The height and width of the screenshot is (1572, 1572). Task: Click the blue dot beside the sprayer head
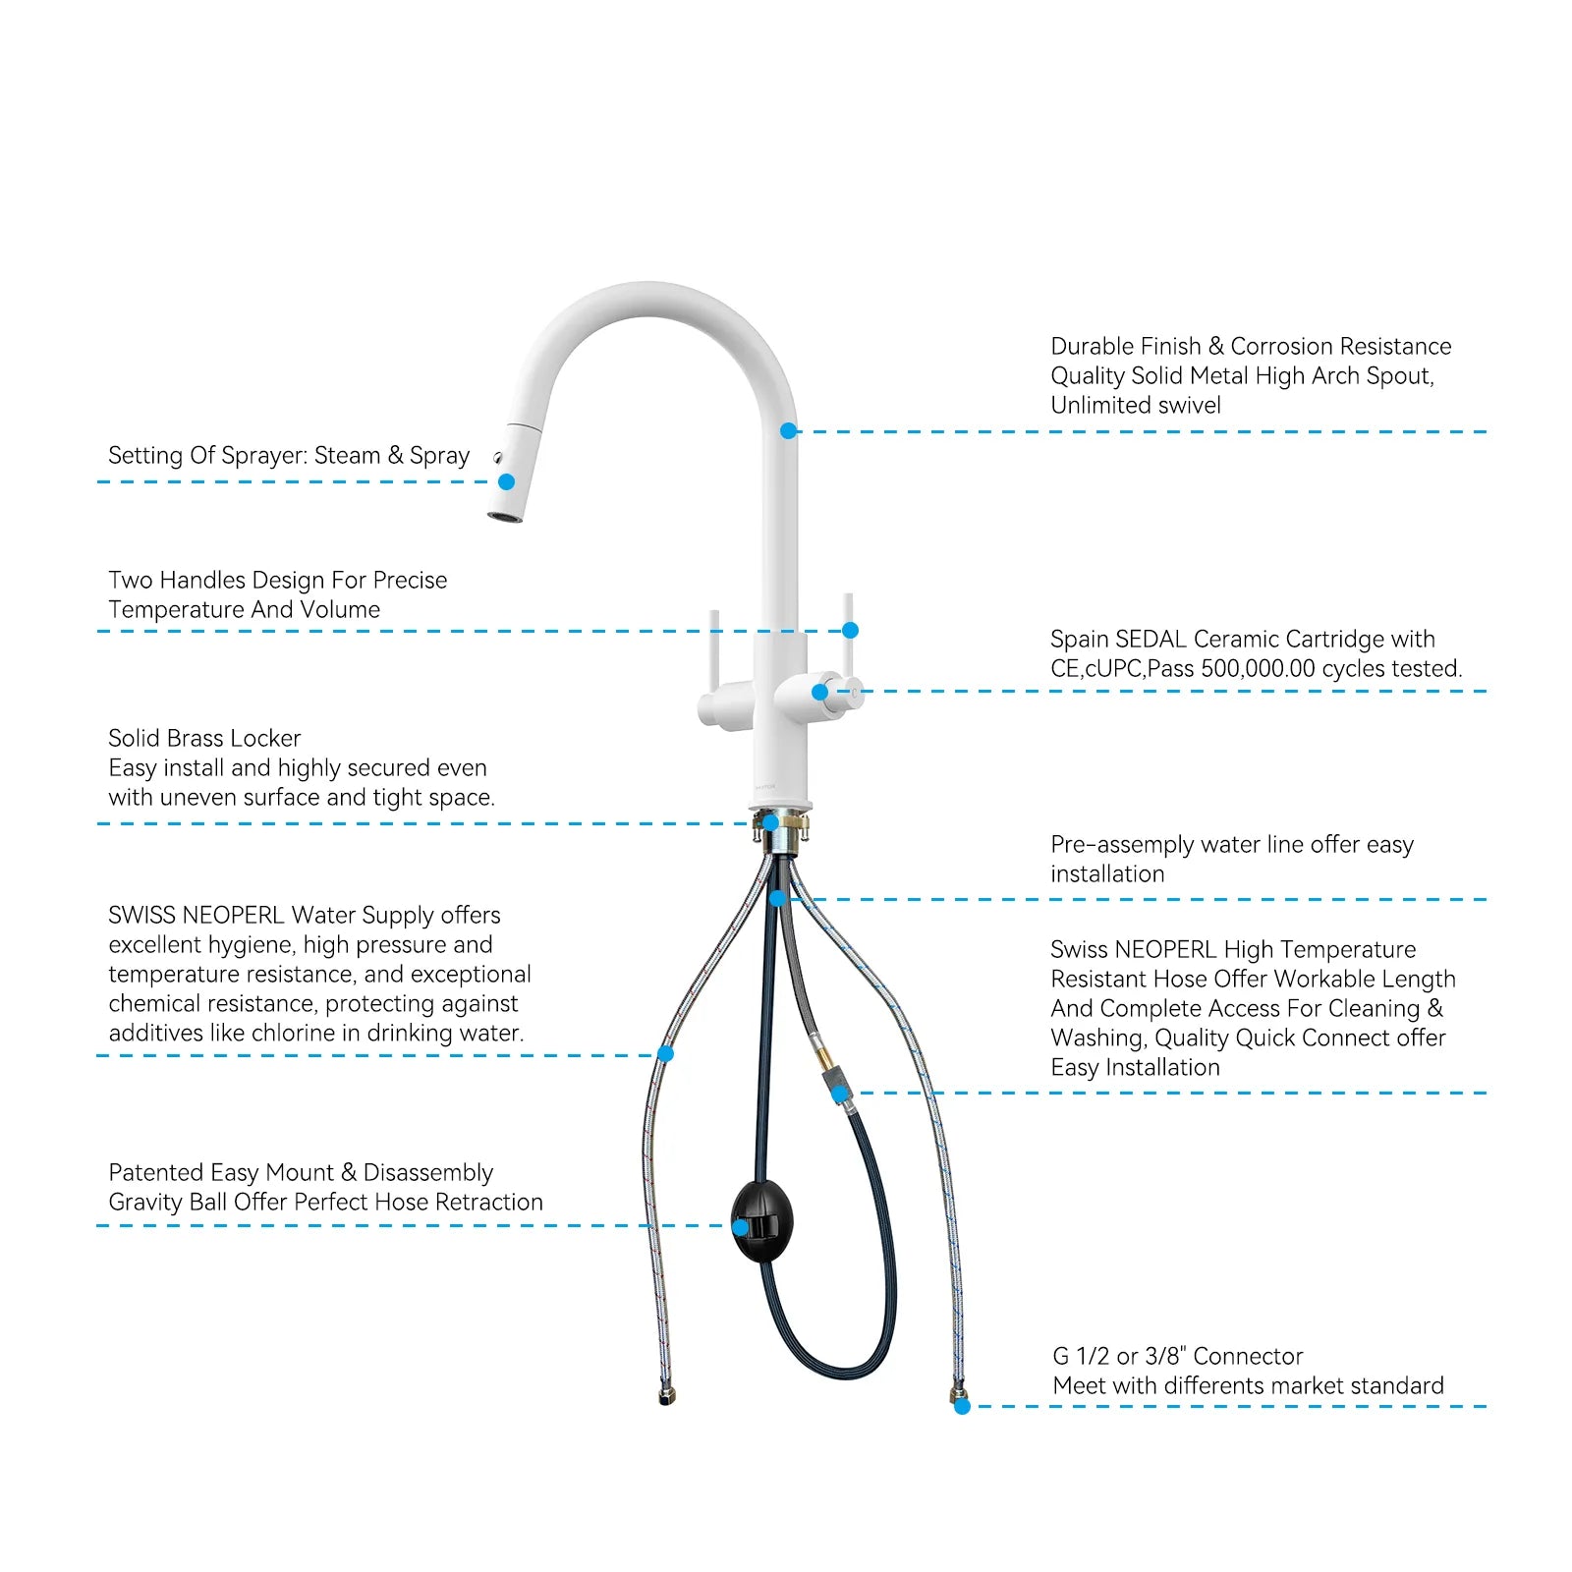[x=506, y=481]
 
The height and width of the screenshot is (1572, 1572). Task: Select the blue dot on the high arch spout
[x=788, y=430]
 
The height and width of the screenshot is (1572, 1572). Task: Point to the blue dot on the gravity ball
[x=740, y=1227]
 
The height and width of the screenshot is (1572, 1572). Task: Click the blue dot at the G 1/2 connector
[x=962, y=1406]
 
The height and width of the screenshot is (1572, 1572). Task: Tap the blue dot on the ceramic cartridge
[x=819, y=692]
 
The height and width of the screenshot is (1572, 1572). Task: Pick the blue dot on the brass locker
[x=771, y=822]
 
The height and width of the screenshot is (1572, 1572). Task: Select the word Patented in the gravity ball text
[x=154, y=1172]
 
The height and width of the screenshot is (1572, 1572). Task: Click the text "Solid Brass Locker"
[x=204, y=738]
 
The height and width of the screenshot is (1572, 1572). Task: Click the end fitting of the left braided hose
[x=667, y=1395]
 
